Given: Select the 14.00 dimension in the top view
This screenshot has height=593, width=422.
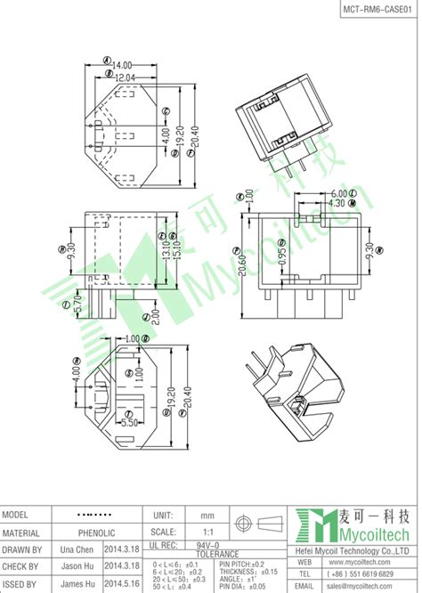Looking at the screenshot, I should click(x=121, y=65).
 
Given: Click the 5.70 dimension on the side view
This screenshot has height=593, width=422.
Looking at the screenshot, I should click(x=77, y=305).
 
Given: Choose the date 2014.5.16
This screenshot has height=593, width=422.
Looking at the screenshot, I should click(x=123, y=582).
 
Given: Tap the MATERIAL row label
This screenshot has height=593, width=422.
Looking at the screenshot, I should click(x=26, y=532).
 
